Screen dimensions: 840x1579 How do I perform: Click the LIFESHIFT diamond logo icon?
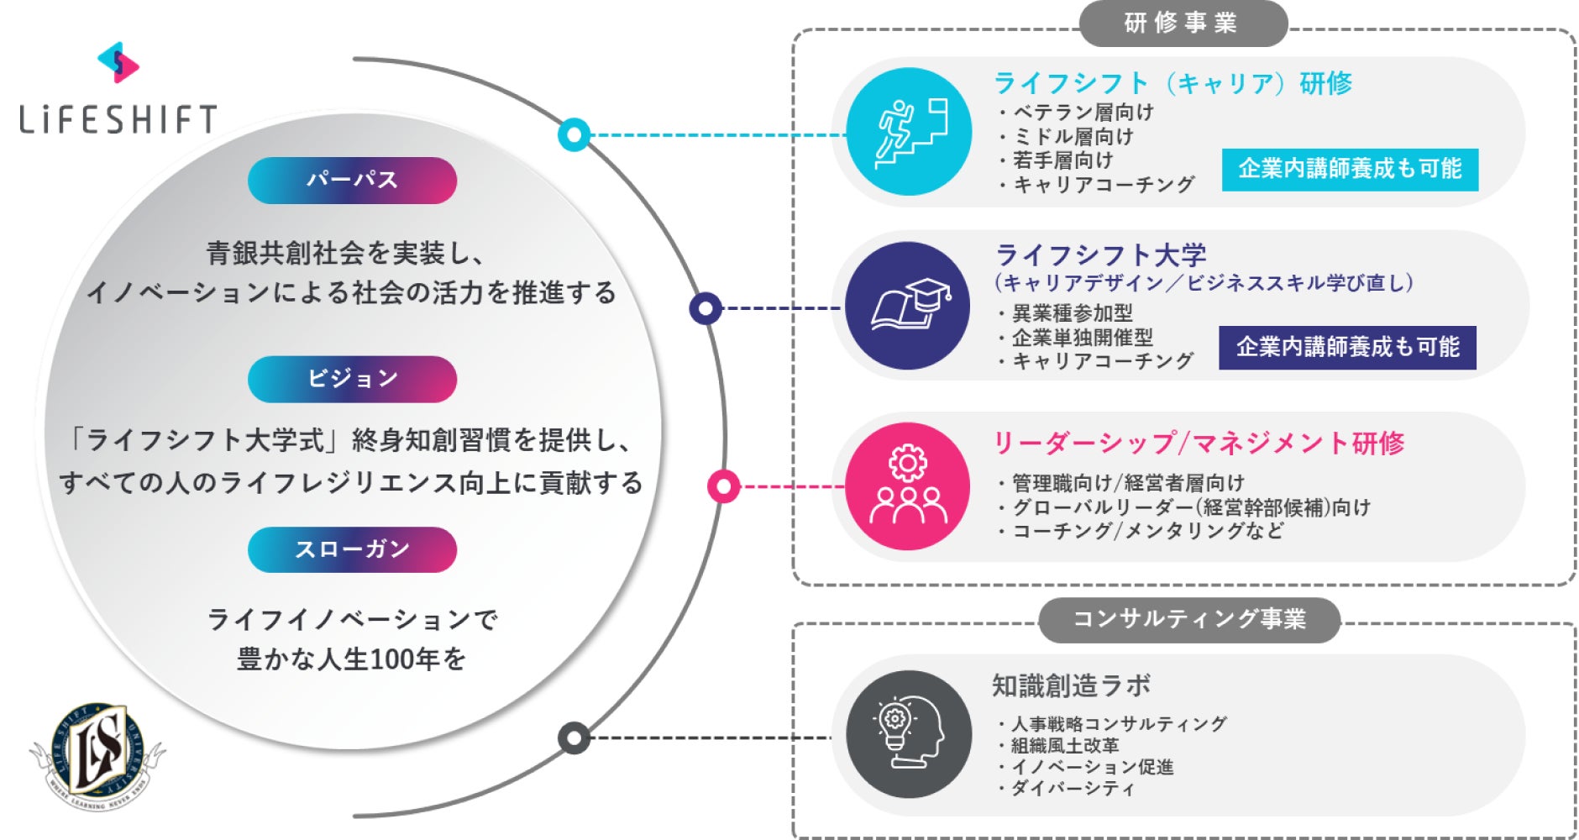pyautogui.click(x=118, y=63)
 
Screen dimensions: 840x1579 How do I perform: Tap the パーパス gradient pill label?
pyautogui.click(x=352, y=180)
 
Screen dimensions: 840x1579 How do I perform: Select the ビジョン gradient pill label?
pyautogui.click(x=352, y=379)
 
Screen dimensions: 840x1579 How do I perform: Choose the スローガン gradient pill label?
pyautogui.click(x=352, y=549)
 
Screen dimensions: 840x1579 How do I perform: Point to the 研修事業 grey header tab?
pyautogui.click(x=1182, y=24)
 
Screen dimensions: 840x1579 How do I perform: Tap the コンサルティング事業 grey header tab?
pyautogui.click(x=1188, y=620)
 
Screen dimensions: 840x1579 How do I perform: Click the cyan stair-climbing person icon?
pyautogui.click(x=909, y=132)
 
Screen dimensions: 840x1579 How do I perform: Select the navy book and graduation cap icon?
pyautogui.click(x=908, y=306)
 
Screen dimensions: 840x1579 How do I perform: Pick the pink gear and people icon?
pyautogui.click(x=908, y=486)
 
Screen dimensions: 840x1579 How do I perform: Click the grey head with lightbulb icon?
pyautogui.click(x=909, y=734)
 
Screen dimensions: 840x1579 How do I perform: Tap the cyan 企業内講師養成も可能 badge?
pyautogui.click(x=1350, y=170)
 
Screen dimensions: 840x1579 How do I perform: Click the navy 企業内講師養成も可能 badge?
pyautogui.click(x=1347, y=347)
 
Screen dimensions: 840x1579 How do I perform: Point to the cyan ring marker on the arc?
pyautogui.click(x=574, y=134)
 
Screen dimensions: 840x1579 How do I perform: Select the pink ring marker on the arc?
pyautogui.click(x=723, y=486)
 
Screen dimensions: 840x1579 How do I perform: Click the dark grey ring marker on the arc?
pyautogui.click(x=574, y=738)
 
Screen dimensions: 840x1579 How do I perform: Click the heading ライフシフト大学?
pyautogui.click(x=1100, y=255)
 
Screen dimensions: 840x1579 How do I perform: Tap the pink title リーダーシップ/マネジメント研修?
pyautogui.click(x=1198, y=443)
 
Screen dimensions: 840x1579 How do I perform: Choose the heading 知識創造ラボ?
pyautogui.click(x=1071, y=685)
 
